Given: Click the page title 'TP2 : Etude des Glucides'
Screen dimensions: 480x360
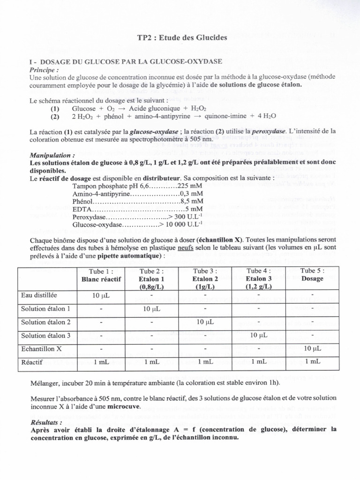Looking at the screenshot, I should [180, 38].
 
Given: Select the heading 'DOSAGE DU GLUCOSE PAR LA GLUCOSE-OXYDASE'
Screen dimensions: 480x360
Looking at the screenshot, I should [131, 62].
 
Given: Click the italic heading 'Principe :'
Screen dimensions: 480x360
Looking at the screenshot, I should [44, 69].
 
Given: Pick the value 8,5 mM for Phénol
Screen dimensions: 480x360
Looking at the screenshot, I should [189, 201].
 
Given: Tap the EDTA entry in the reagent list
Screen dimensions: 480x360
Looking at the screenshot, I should [82, 209].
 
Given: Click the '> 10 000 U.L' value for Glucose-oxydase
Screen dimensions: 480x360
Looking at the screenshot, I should [179, 224].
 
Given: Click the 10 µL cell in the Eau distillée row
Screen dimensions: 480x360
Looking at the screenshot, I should [101, 296].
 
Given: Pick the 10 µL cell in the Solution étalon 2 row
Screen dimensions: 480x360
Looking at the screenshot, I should [205, 322].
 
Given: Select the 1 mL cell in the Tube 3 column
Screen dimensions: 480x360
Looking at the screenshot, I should [205, 362].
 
